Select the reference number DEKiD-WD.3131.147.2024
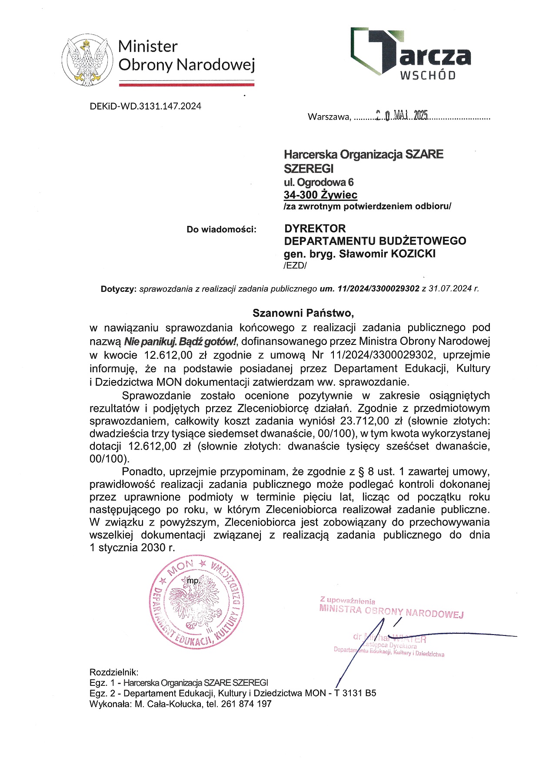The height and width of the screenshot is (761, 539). pos(145,106)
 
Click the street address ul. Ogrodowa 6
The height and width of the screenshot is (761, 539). pos(319,182)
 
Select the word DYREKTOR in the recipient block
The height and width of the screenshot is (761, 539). pos(315,228)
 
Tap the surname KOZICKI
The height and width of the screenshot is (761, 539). pos(413,254)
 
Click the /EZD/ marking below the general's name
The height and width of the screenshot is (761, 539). pos(295,266)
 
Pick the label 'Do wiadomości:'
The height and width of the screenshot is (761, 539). pos(222,229)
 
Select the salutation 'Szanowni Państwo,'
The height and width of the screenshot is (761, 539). pos(304,313)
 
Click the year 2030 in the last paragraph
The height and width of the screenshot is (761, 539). pos(151,548)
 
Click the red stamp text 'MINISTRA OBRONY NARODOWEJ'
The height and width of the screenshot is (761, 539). pos(391,611)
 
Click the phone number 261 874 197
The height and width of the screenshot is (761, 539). pos(246,704)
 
